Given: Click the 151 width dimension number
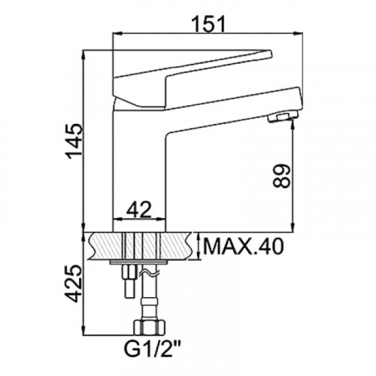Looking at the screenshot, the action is pos(208,24).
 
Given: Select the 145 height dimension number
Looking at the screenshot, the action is pos(74,141).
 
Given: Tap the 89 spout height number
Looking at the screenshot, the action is pos(282,176).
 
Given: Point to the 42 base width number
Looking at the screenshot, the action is pos(139,208).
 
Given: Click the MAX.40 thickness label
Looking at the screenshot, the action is pos(244,246).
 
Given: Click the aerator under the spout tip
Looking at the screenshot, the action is pos(283,117).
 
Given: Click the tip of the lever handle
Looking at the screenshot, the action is pos(271,53).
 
